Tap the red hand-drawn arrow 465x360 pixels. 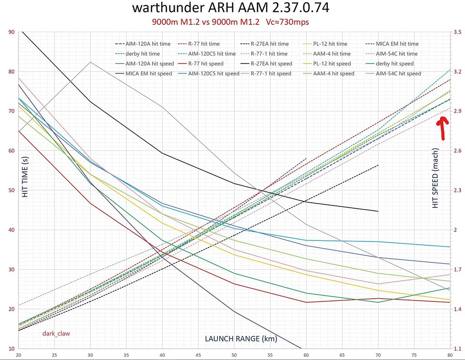click(441, 127)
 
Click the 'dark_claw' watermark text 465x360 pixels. click(56, 333)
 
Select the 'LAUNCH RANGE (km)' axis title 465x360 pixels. click(241, 339)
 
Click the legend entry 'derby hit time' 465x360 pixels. click(141, 54)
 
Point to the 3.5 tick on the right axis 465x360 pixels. click(456, 32)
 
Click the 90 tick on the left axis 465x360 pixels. click(11, 32)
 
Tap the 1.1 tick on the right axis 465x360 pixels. click(456, 349)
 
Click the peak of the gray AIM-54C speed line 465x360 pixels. click(90, 62)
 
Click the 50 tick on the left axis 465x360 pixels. click(11, 190)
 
